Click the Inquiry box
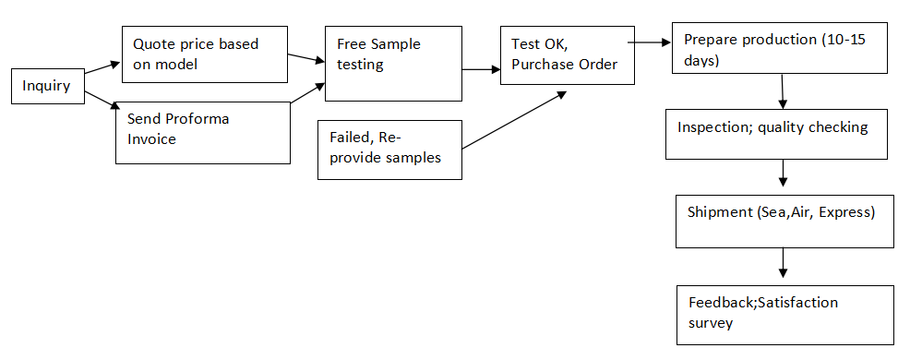point(47,87)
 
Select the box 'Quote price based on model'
point(203,54)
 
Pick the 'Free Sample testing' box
point(392,63)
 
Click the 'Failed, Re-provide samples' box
point(389,149)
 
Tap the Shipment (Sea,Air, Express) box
point(784,220)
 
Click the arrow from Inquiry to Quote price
point(102,67)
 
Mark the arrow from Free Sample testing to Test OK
point(481,69)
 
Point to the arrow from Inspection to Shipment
point(783,172)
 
